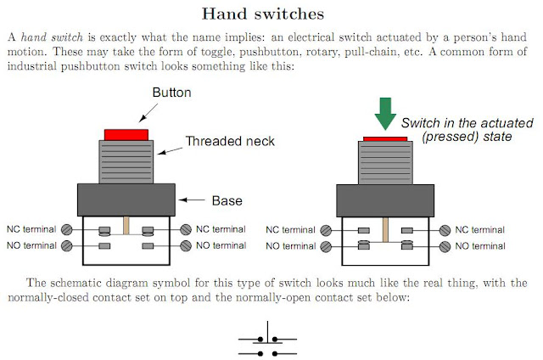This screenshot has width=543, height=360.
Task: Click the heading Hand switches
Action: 271,14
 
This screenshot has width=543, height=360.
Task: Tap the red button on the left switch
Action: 126,134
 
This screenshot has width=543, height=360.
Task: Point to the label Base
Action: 227,201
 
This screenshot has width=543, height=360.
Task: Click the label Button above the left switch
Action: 172,92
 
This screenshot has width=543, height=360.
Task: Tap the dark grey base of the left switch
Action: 126,200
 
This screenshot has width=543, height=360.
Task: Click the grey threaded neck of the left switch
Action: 126,161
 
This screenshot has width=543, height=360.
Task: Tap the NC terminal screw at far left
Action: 66,229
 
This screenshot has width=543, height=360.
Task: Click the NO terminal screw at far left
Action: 66,246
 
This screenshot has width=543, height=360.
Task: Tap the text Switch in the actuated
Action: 460,123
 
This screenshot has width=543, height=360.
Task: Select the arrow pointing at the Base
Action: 194,201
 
